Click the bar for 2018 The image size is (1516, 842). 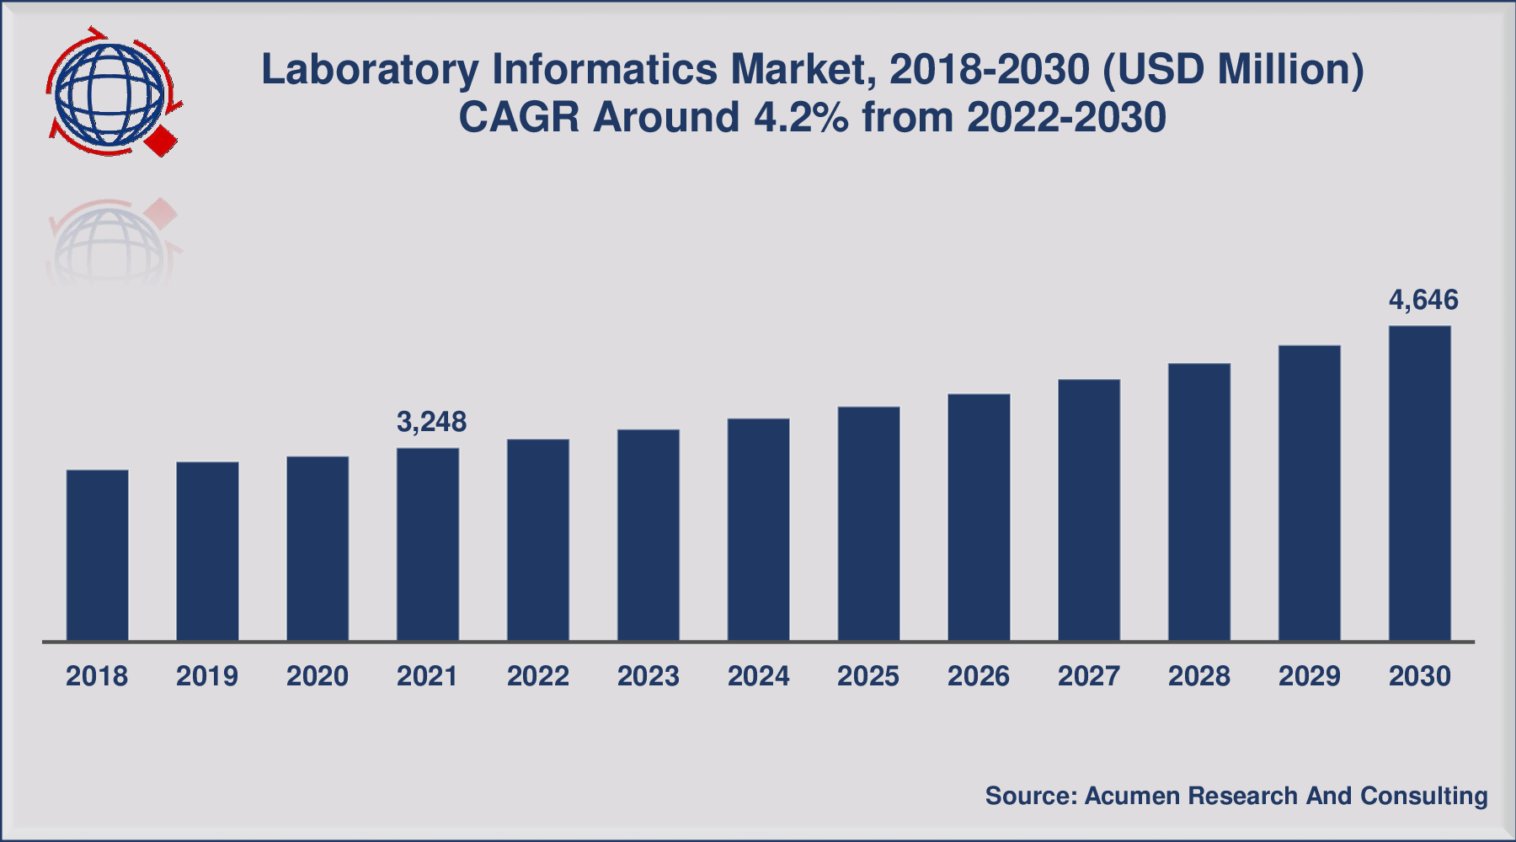point(97,556)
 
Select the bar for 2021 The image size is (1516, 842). point(428,545)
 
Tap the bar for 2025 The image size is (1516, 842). point(868,524)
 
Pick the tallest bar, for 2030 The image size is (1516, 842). point(1419,484)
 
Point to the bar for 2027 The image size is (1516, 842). point(1089,510)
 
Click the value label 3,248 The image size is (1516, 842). point(431,422)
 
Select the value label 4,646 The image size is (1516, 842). point(1423,300)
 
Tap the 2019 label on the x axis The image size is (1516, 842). point(207,676)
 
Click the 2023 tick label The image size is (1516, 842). point(648,676)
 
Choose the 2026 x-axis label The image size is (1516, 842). point(979,676)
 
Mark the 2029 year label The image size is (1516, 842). point(1309,676)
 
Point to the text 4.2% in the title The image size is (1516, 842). point(801,118)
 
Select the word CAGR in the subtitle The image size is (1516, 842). point(520,118)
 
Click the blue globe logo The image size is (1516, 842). point(108,93)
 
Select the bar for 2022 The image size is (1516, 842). point(537,540)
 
